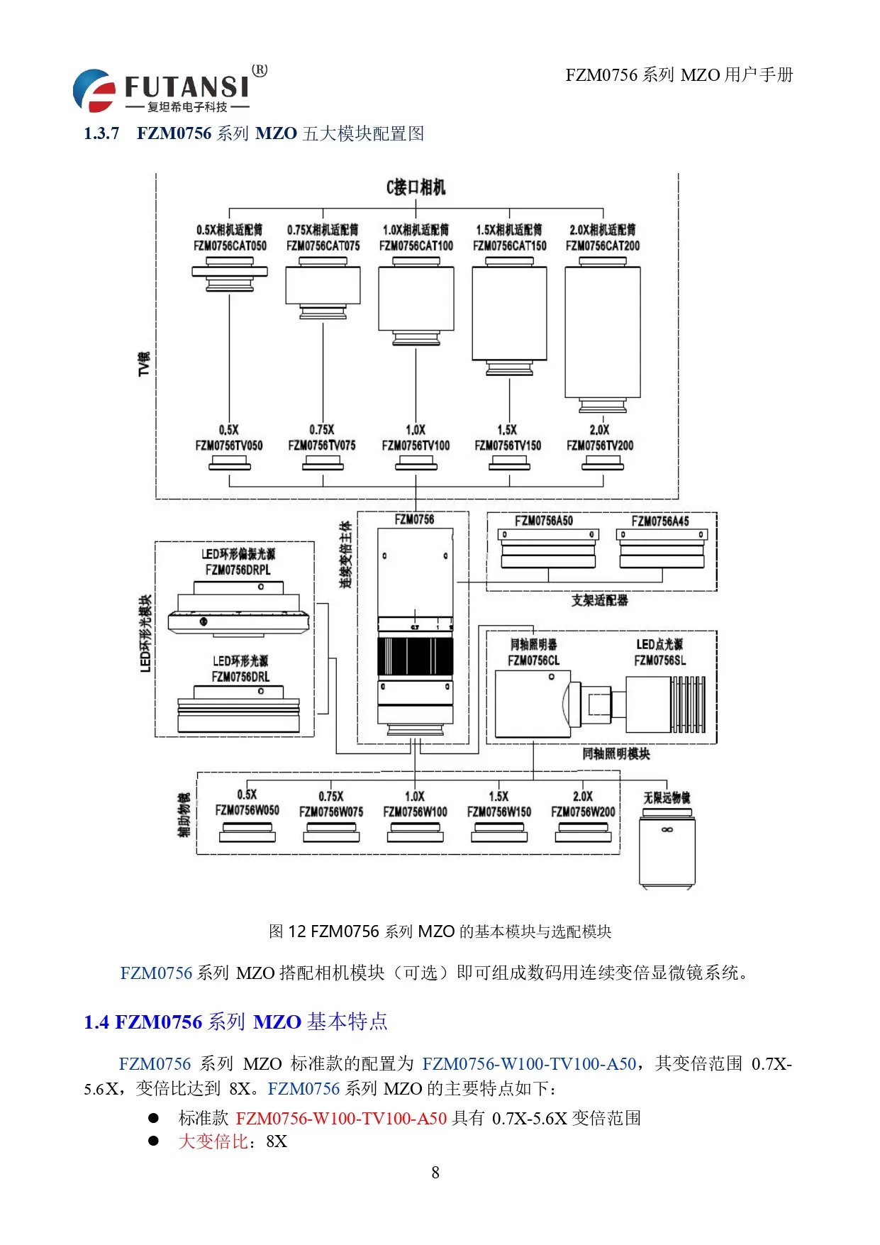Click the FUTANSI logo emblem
tap(94, 90)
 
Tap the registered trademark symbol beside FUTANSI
tap(260, 70)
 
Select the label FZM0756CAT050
tap(230, 245)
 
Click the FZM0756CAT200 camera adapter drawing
tap(603, 333)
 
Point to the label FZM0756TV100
tap(416, 446)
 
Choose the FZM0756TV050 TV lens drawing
tap(230, 463)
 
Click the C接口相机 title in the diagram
tap(416, 187)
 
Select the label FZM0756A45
tap(660, 521)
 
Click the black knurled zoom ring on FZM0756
tap(416, 656)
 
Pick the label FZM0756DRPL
tap(238, 570)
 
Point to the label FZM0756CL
tap(533, 660)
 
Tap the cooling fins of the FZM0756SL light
tap(689, 704)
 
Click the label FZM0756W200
tap(583, 812)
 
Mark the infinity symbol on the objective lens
tap(667, 829)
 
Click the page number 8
tap(435, 1173)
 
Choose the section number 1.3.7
tap(101, 133)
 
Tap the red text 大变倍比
tap(213, 1141)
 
